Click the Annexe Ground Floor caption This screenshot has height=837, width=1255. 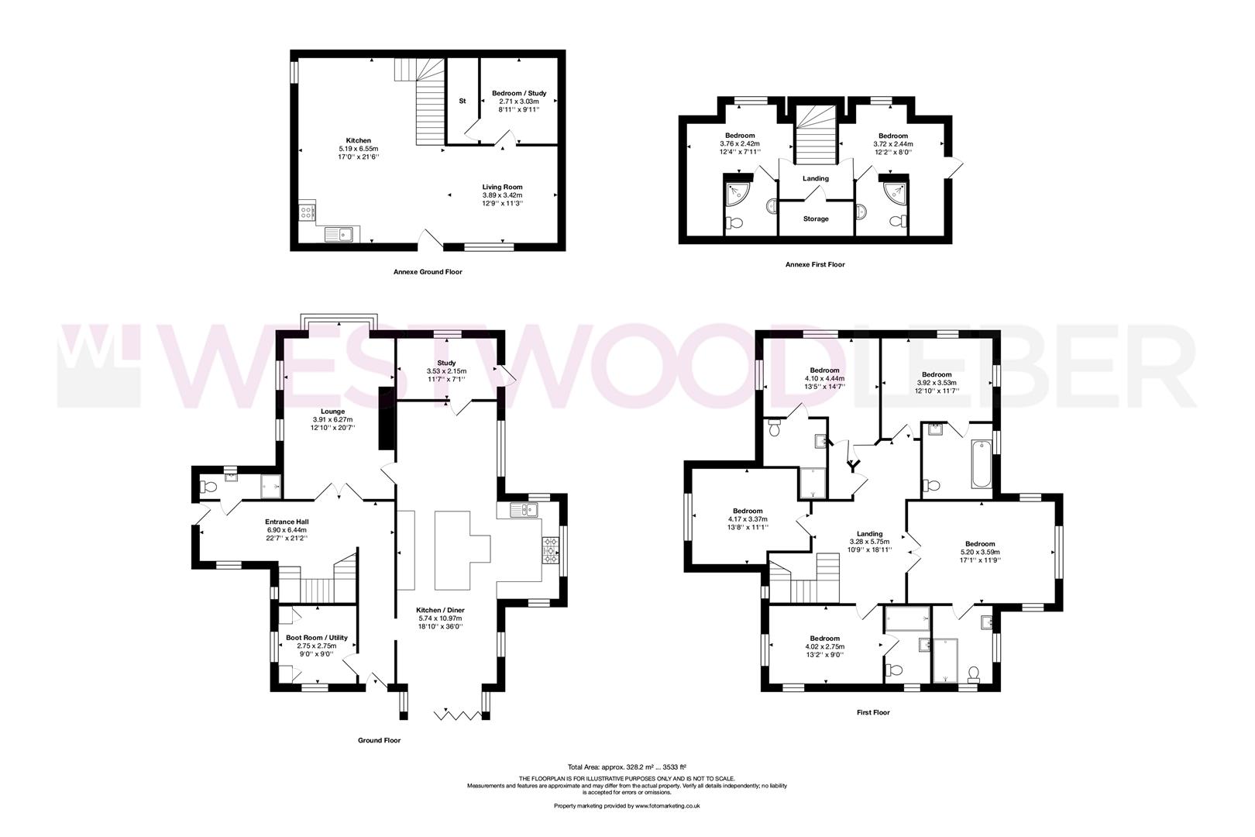tap(428, 272)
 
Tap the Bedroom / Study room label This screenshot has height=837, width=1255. tap(518, 93)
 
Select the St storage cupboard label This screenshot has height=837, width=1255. tap(462, 101)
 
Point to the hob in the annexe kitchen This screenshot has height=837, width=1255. tap(307, 210)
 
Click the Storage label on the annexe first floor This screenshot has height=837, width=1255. tap(815, 219)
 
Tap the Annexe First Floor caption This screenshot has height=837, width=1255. tap(815, 264)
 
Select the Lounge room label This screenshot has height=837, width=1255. tap(333, 412)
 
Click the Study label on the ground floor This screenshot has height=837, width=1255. tap(446, 363)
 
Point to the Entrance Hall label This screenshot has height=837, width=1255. tap(287, 522)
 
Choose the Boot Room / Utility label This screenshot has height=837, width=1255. tap(316, 638)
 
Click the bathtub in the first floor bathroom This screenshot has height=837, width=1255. tap(981, 463)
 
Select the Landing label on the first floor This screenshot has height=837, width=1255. tap(870, 534)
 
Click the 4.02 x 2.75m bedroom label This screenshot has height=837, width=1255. tap(824, 646)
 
